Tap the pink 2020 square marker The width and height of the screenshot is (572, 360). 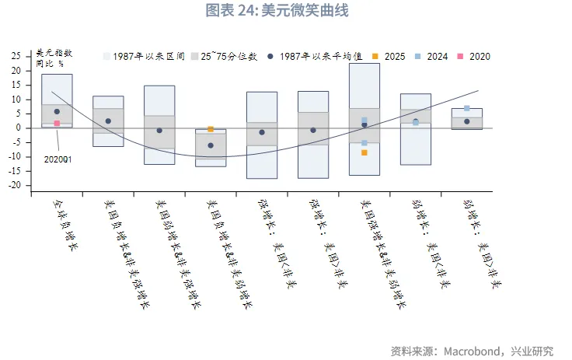click(57, 124)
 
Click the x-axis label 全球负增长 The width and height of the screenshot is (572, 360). click(65, 225)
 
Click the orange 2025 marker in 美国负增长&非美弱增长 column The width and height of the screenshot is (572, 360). click(211, 129)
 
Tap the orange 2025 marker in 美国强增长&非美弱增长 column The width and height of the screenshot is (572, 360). click(364, 152)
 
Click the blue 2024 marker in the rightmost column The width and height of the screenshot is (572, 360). click(466, 108)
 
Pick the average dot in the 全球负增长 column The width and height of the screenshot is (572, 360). click(57, 112)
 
